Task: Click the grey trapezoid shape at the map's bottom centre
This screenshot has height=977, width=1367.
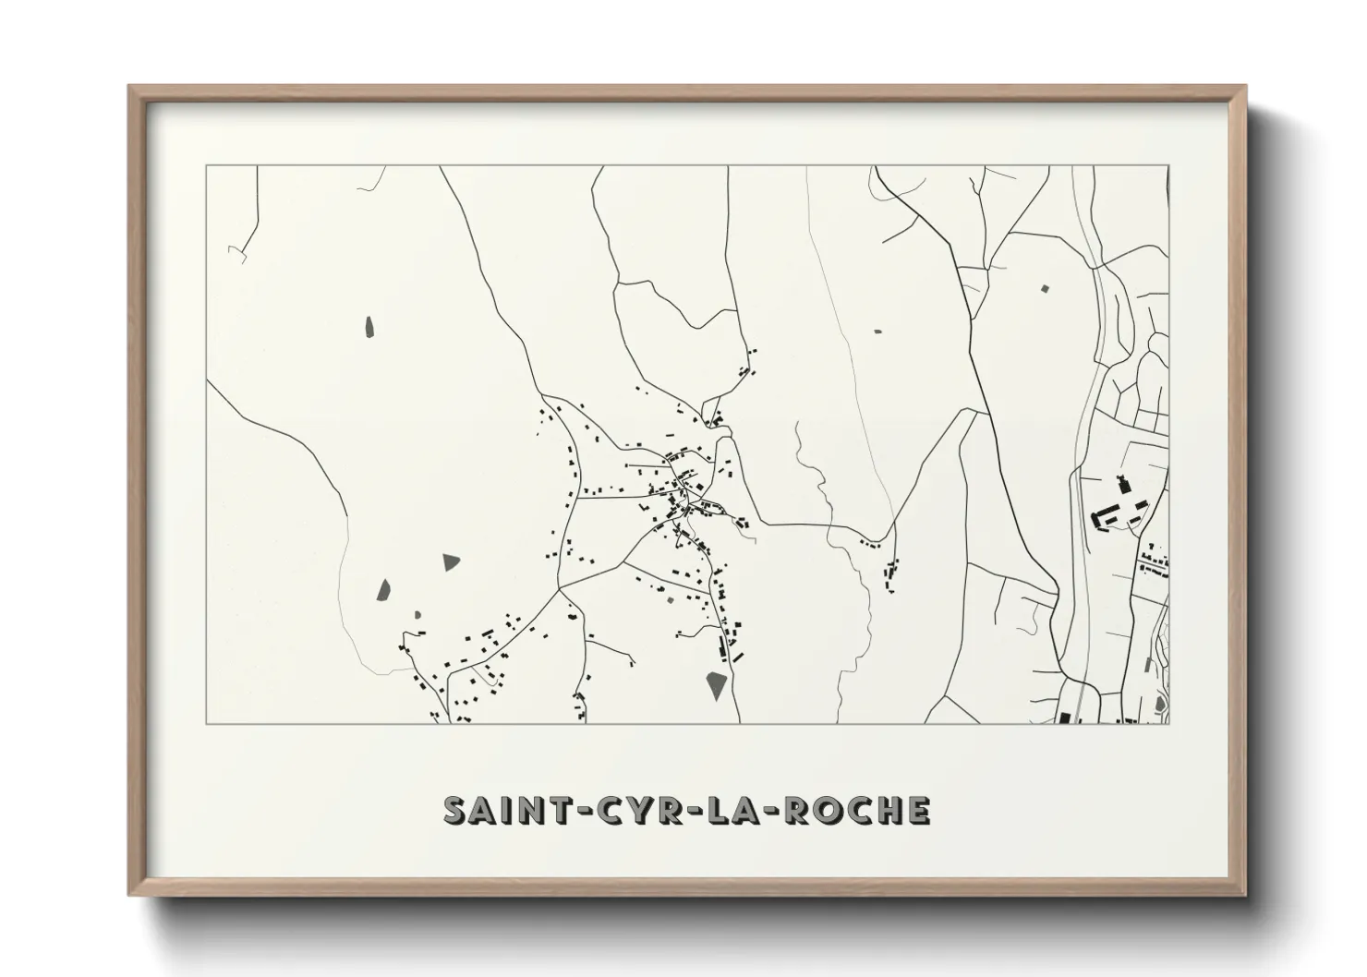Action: coord(716,685)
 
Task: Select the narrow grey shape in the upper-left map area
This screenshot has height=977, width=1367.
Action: coord(369,327)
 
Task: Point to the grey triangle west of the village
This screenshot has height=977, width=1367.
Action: coord(451,561)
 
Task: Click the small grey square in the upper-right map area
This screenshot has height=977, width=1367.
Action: coord(1046,289)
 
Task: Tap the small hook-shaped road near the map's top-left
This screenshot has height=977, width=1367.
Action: coord(239,253)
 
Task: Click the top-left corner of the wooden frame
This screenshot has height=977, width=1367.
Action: coord(130,87)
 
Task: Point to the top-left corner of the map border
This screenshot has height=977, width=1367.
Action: coord(206,166)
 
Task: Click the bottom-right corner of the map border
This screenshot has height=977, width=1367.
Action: coord(1170,723)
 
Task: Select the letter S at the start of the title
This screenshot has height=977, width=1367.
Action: coord(454,810)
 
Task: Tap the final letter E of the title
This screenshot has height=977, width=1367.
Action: coord(917,810)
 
